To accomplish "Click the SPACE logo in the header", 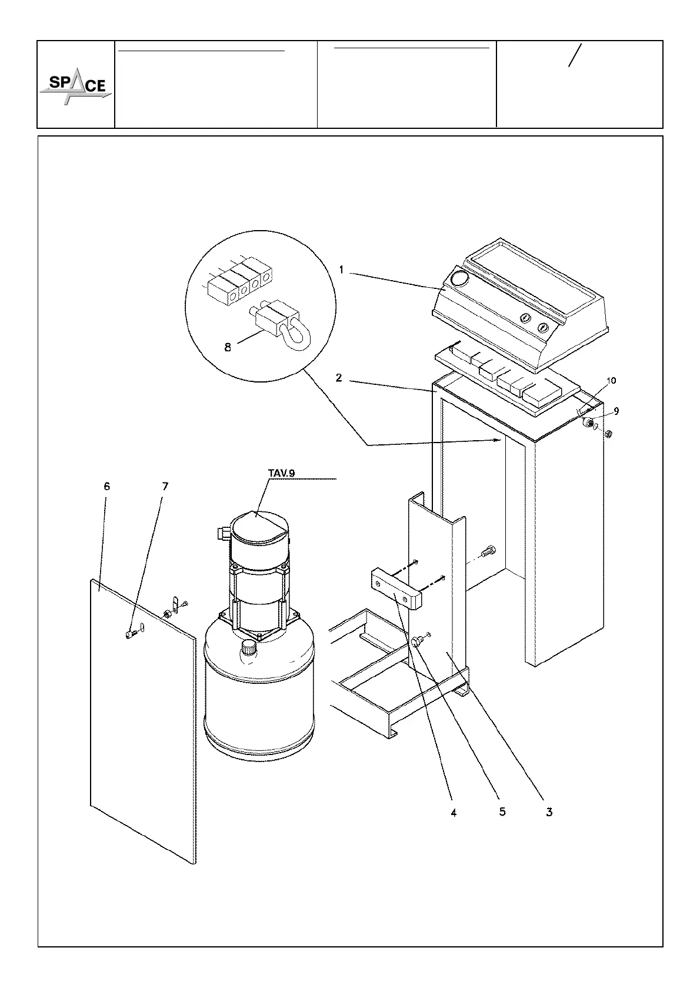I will point(75,89).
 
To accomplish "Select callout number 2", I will point(339,378).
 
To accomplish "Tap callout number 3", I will point(549,812).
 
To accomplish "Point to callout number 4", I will point(453,812).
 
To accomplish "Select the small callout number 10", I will point(611,381).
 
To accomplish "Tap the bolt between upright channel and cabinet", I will point(488,551).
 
